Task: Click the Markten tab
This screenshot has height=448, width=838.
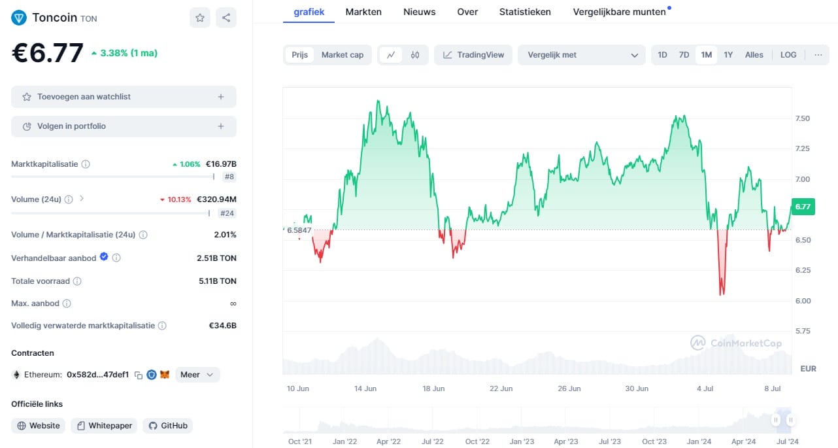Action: [x=363, y=12]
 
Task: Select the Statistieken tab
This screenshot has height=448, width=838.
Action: [x=525, y=12]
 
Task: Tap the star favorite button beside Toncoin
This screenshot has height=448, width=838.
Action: [x=200, y=18]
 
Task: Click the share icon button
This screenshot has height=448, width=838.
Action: [x=226, y=18]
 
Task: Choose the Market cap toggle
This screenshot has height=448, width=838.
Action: [x=342, y=55]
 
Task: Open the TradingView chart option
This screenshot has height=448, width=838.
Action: [x=474, y=55]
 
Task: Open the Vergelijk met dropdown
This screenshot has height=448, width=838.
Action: [x=581, y=55]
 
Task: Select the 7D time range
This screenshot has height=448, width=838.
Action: [x=684, y=55]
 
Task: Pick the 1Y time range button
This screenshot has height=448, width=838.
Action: [x=728, y=55]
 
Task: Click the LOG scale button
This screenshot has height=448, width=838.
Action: [x=788, y=55]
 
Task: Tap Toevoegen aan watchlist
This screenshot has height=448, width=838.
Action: [x=124, y=97]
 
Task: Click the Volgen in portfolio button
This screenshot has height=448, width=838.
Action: [x=124, y=126]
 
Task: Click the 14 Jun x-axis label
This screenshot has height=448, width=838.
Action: [x=365, y=388]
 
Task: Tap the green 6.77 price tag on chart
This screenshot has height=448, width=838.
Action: [x=802, y=207]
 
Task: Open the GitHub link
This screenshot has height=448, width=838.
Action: [x=168, y=426]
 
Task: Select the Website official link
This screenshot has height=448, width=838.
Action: [x=39, y=426]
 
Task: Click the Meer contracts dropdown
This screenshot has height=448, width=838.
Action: [x=197, y=375]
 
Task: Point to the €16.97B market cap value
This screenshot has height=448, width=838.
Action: [x=221, y=164]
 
